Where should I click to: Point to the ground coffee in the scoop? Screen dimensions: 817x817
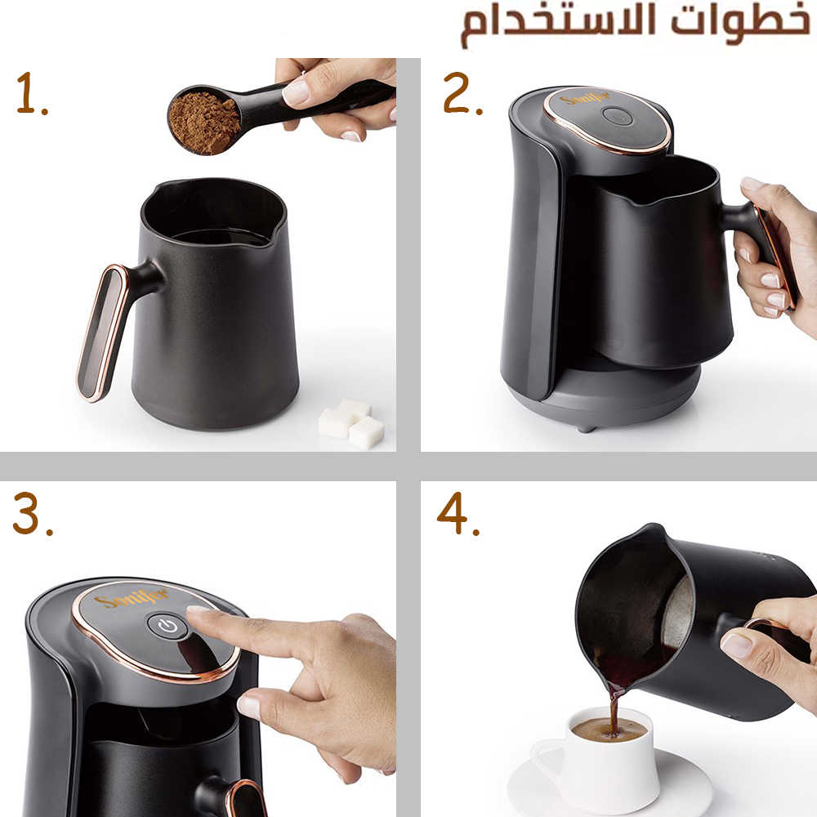[x=204, y=123]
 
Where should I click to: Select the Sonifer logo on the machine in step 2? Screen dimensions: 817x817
[x=586, y=99]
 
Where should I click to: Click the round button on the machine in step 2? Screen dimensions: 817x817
[x=618, y=116]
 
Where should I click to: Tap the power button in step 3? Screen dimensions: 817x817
[x=167, y=625]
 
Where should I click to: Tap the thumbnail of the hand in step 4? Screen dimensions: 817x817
[x=736, y=645]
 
